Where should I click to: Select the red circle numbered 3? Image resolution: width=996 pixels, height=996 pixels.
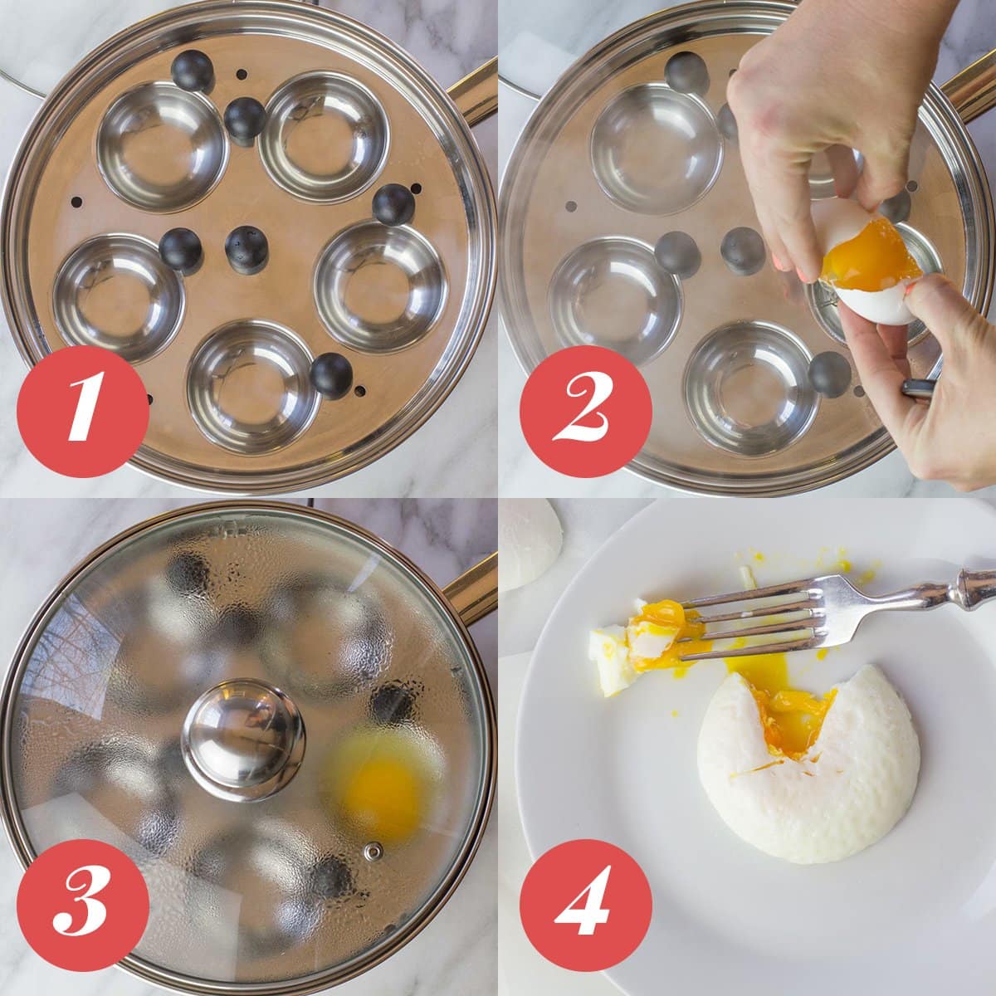click(x=83, y=908)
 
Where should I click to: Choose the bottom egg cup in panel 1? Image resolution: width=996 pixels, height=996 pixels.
click(x=252, y=387)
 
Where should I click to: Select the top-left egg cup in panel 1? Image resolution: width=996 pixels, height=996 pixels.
click(x=161, y=146)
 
